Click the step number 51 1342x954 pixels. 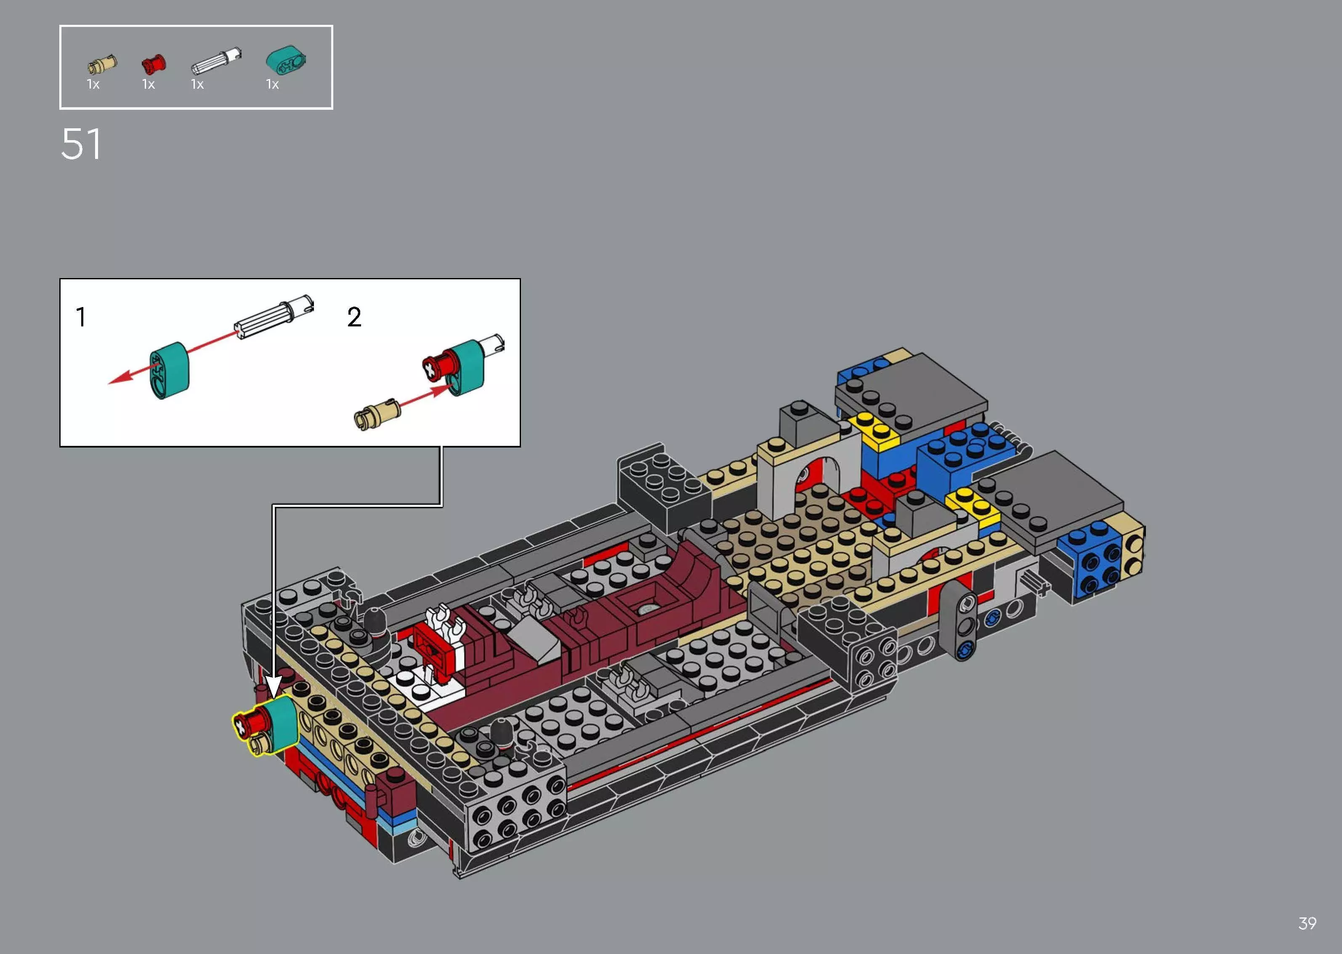(x=81, y=145)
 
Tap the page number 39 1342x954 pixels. (x=1307, y=923)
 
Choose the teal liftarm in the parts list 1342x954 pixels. (x=286, y=60)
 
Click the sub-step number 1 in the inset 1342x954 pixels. (x=81, y=317)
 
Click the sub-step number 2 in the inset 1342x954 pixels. (x=354, y=317)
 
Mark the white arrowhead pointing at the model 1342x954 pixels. (x=274, y=686)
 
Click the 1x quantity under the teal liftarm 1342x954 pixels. (x=272, y=85)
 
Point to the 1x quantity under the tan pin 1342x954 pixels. (x=93, y=85)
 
